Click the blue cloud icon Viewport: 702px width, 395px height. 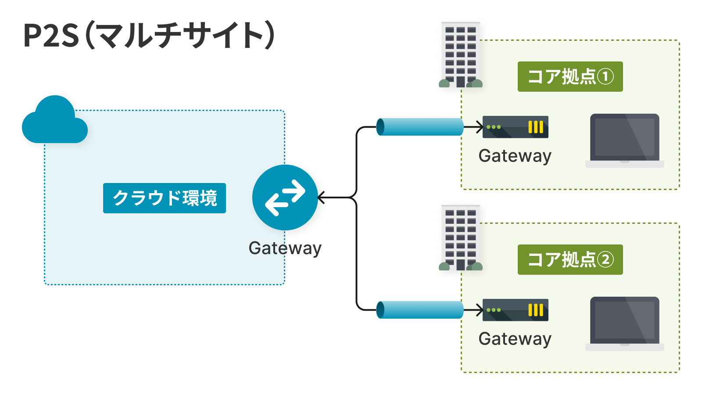(54, 121)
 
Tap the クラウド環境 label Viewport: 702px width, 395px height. (165, 198)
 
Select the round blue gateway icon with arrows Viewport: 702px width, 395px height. (285, 197)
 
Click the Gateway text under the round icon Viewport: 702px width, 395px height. (285, 248)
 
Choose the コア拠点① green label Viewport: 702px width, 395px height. (570, 77)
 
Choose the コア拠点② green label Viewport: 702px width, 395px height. (570, 260)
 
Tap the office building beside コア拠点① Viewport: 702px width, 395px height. (460, 55)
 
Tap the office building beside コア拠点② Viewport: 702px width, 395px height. (460, 238)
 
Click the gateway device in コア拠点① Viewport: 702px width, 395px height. (515, 127)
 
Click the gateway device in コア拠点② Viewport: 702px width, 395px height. (515, 310)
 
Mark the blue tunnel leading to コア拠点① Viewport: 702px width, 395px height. (420, 127)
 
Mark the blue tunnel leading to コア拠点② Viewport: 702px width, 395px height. (420, 310)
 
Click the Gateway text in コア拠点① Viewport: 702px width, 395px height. (515, 156)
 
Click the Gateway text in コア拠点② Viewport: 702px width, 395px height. (515, 339)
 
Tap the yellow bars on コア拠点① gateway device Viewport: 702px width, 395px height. (536, 127)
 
